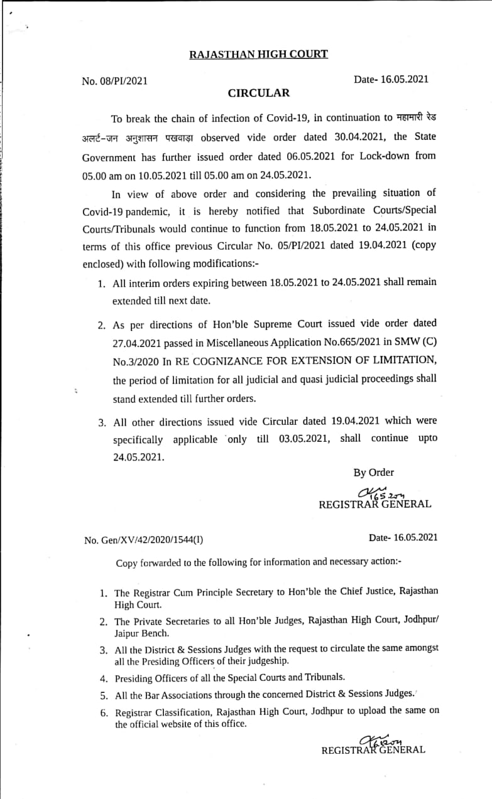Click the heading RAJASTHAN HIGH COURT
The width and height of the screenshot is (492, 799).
pyautogui.click(x=258, y=55)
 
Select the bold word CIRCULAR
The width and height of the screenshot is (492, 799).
pyautogui.click(x=258, y=94)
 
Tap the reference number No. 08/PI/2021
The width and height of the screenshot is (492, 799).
pyautogui.click(x=115, y=81)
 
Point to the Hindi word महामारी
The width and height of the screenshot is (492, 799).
pyautogui.click(x=412, y=119)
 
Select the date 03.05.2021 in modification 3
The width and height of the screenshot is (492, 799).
pyautogui.click(x=304, y=439)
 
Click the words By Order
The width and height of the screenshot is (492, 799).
pyautogui.click(x=374, y=473)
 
